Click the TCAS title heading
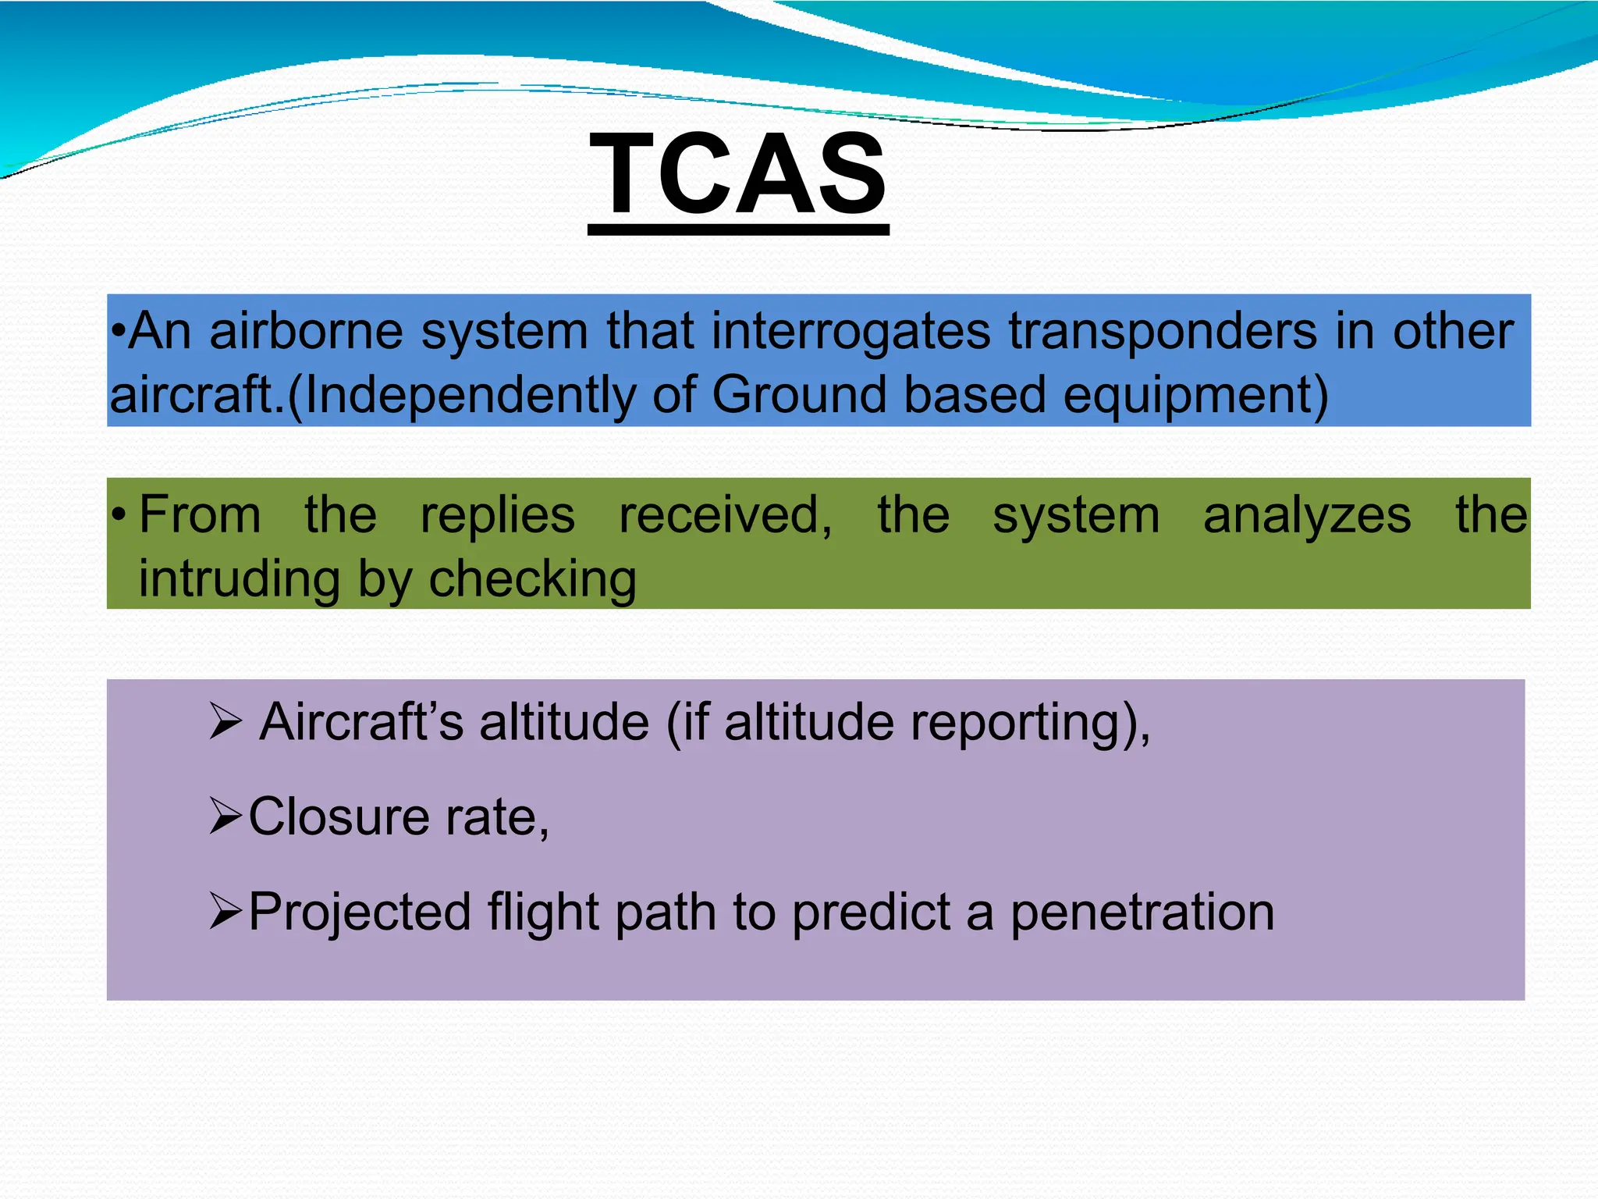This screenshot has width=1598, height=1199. coord(738,174)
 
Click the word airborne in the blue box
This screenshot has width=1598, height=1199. coord(306,331)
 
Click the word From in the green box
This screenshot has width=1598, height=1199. coord(200,515)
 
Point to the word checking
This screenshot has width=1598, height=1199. coord(532,581)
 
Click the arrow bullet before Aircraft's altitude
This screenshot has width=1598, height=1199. coord(226,721)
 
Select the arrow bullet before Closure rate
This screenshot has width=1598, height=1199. coord(226,817)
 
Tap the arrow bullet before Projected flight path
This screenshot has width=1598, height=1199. coord(226,912)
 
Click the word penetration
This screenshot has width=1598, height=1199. coord(1142,912)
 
